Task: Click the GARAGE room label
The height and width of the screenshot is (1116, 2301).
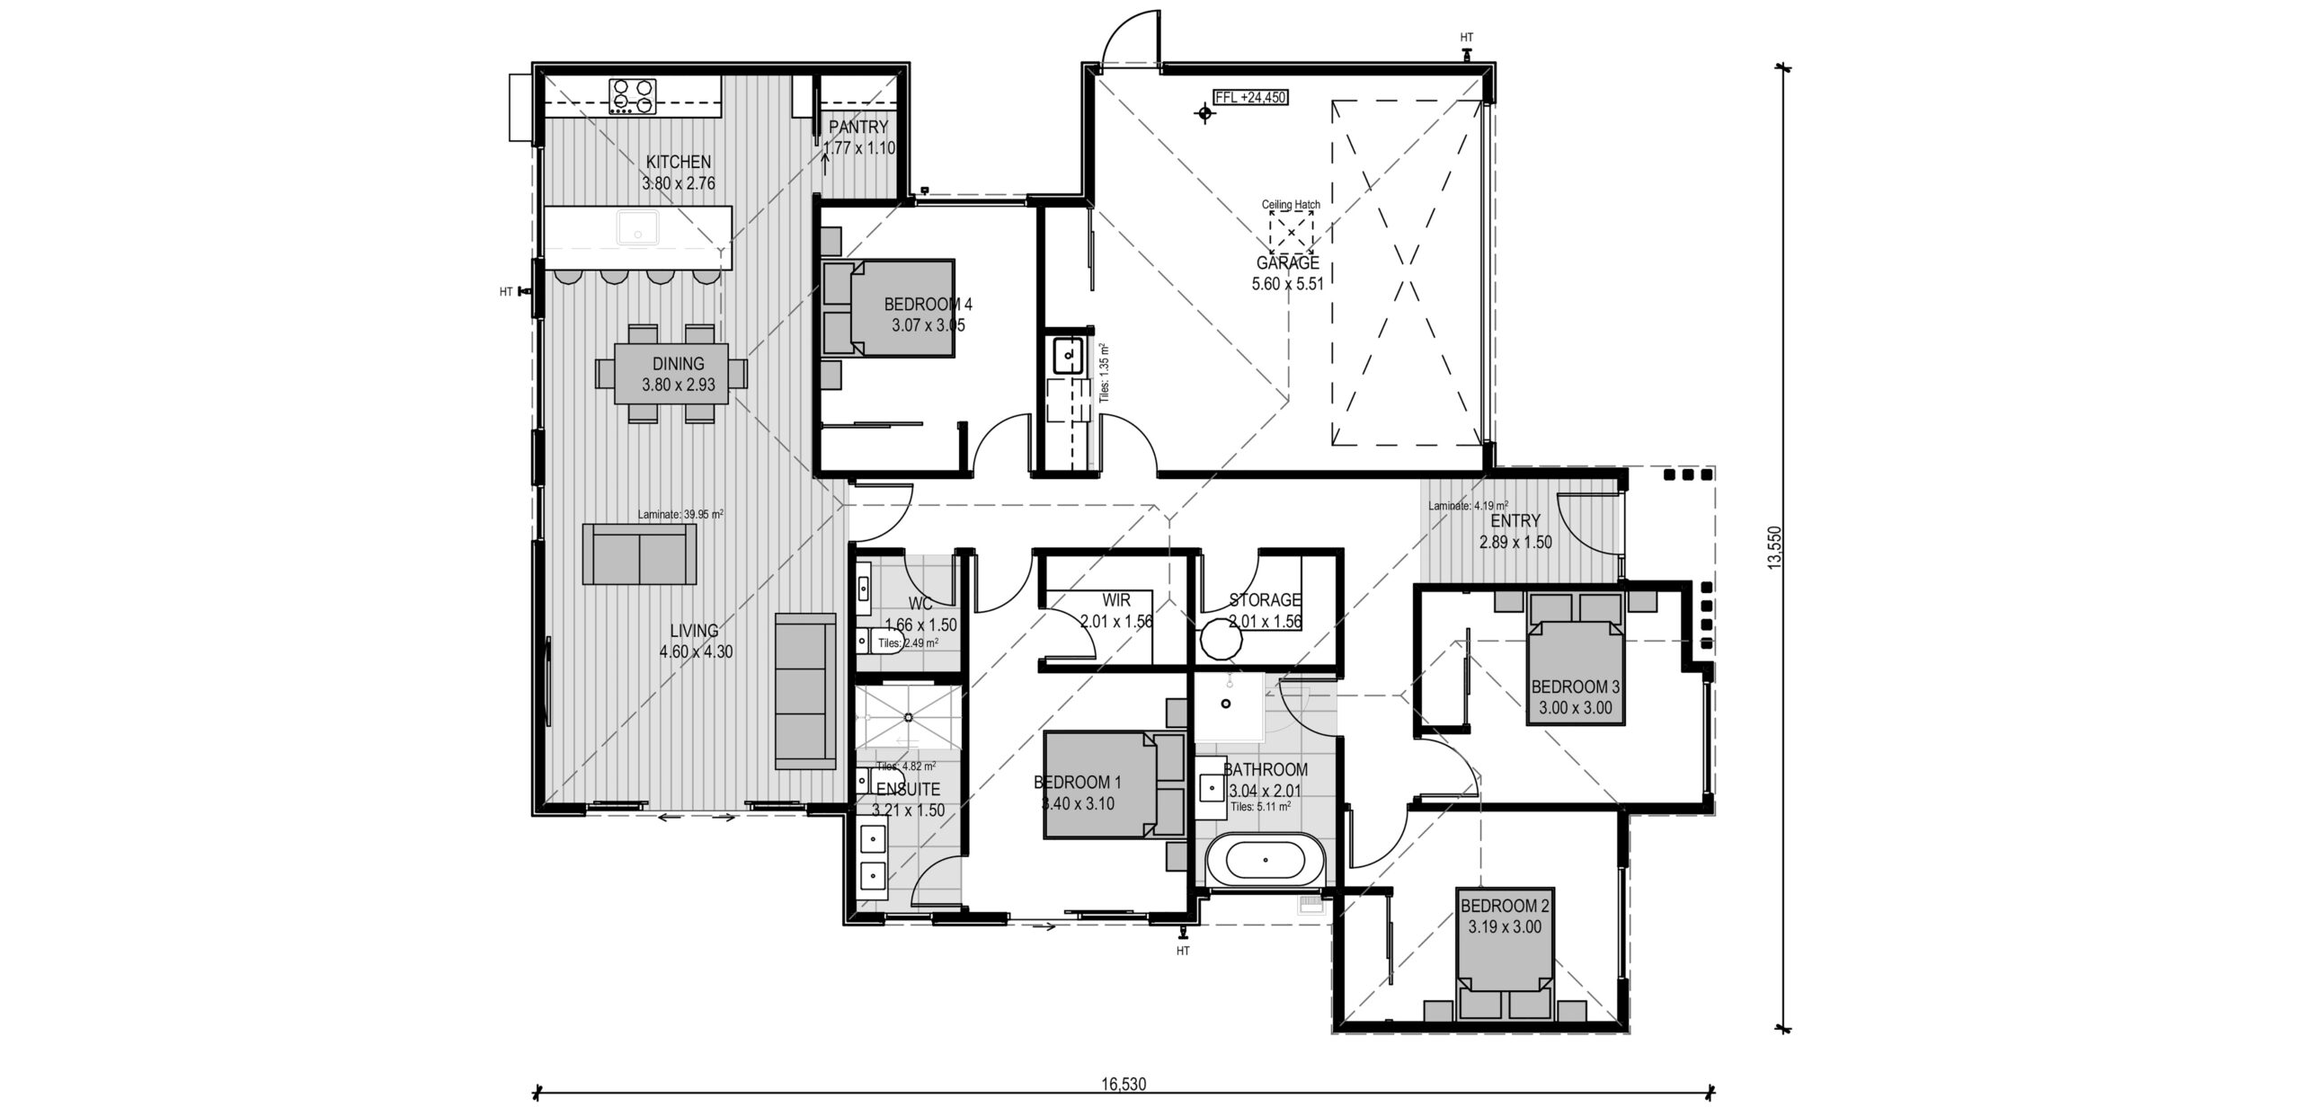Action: point(1288,263)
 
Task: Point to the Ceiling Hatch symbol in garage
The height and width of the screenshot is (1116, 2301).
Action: point(1292,233)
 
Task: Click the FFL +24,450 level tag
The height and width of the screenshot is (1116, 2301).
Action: point(1250,98)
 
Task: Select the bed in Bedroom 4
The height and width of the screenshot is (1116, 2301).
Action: point(890,308)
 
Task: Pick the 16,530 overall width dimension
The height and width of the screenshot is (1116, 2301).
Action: point(1124,1084)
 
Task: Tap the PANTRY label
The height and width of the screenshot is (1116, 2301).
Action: point(858,128)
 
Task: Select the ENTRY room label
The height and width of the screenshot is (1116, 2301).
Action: point(1515,521)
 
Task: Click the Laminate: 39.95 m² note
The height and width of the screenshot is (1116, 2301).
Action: point(680,515)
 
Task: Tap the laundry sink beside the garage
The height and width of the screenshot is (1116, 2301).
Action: point(1067,356)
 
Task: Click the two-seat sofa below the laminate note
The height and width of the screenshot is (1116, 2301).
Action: point(639,554)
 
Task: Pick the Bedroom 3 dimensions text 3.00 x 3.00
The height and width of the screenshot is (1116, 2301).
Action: point(1576,707)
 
